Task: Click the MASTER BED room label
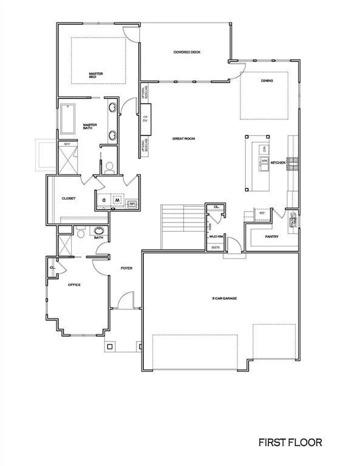coord(96,76)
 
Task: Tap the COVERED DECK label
coord(186,52)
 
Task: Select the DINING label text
coord(267,81)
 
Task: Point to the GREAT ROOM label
coord(183,139)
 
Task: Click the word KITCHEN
coord(278,163)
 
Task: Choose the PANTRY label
coord(271,237)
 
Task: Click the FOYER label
coord(126,268)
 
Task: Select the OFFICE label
coord(73,285)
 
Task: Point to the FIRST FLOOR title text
coord(290,443)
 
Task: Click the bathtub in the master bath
coord(67,120)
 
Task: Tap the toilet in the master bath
coord(109,166)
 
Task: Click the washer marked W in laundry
coord(118,199)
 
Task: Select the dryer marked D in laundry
coord(104,199)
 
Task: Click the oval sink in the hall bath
coord(98,231)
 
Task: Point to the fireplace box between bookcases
coord(146,115)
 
